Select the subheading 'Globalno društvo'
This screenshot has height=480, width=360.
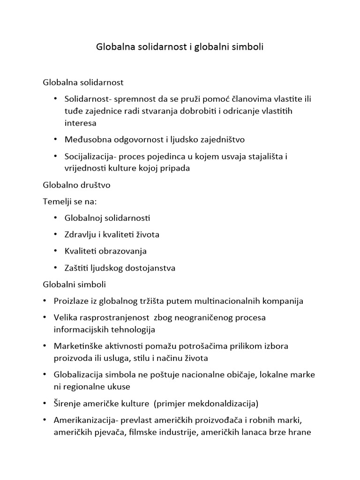click(x=76, y=185)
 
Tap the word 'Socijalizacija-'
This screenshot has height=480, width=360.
click(x=92, y=157)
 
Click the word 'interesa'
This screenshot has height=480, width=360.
click(x=80, y=123)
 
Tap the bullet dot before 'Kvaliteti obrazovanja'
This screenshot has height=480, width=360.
click(x=55, y=251)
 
